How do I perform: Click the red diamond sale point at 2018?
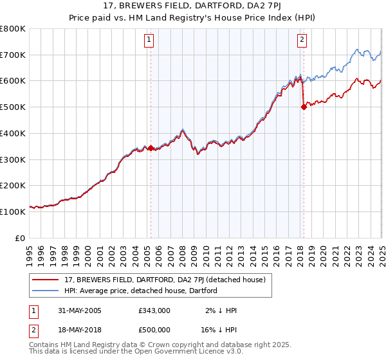tap(303, 108)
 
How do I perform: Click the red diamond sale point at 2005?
tap(151, 148)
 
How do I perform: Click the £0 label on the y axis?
tap(19, 238)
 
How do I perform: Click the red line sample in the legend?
tap(46, 280)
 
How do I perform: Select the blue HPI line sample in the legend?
tap(46, 290)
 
